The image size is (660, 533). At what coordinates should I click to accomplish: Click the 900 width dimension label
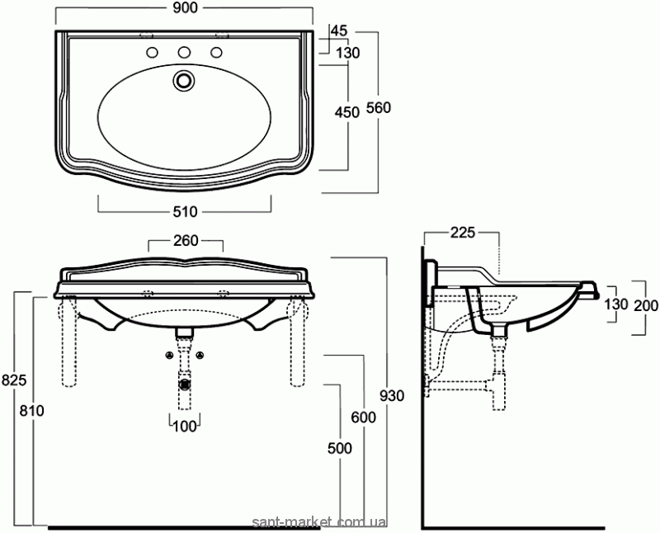(x=185, y=7)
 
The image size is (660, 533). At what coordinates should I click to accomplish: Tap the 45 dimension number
(x=339, y=31)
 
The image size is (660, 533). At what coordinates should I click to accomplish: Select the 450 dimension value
(x=347, y=112)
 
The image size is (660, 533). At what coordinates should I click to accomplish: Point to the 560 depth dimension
(x=379, y=108)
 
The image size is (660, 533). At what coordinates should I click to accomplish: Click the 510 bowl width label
(x=185, y=211)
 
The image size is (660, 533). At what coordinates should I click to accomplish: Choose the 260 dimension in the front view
(x=186, y=240)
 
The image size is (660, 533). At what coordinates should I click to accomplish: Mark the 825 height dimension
(x=14, y=380)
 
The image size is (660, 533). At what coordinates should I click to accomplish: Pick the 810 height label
(x=31, y=410)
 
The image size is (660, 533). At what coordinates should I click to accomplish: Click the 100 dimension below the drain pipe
(x=185, y=427)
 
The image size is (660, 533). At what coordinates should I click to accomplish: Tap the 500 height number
(x=340, y=448)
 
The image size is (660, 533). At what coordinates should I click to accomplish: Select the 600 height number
(x=364, y=417)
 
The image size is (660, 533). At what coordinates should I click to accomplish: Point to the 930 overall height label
(x=392, y=396)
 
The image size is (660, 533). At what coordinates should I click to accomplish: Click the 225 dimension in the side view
(x=463, y=232)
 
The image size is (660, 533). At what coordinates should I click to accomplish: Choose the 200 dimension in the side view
(x=646, y=305)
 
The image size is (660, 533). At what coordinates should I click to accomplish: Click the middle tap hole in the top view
(x=184, y=52)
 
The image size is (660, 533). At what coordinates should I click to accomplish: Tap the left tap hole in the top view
(x=152, y=52)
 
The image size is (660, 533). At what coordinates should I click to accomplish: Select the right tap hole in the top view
(x=216, y=52)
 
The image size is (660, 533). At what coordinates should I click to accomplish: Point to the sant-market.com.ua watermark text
(x=318, y=523)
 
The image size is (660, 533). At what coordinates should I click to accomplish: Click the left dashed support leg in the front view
(x=70, y=341)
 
